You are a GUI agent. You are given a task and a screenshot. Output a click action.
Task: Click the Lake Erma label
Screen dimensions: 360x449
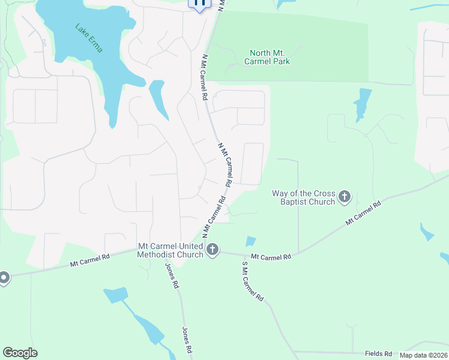[89, 38]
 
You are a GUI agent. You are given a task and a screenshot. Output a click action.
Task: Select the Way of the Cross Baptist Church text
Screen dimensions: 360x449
[303, 197]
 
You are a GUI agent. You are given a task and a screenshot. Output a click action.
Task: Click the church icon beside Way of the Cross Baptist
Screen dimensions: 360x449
[345, 196]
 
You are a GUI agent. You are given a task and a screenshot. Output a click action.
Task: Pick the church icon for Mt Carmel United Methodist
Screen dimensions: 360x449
[212, 250]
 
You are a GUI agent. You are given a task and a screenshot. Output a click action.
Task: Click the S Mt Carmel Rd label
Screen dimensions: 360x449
[253, 281]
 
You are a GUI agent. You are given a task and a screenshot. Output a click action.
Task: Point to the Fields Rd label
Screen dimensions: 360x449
[378, 353]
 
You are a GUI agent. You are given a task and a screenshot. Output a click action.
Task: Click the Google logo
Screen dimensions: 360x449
[20, 353]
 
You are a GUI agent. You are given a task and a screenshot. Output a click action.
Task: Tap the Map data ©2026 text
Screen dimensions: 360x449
[423, 355]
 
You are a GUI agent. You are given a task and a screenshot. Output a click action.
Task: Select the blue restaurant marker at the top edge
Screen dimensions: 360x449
[200, 4]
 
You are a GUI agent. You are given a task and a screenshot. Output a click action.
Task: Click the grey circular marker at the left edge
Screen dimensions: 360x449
[3, 278]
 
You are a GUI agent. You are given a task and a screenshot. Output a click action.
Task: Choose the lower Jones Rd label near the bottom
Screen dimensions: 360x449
[187, 340]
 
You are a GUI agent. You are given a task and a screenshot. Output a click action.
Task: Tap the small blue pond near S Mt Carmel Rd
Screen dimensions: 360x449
[250, 241]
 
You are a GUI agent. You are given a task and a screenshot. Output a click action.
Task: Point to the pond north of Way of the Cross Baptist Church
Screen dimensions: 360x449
[362, 103]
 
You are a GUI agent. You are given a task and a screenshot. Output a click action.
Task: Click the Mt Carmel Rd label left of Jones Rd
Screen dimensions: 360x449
[90, 259]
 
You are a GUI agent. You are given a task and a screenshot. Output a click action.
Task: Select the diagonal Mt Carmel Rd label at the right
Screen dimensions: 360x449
[363, 214]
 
